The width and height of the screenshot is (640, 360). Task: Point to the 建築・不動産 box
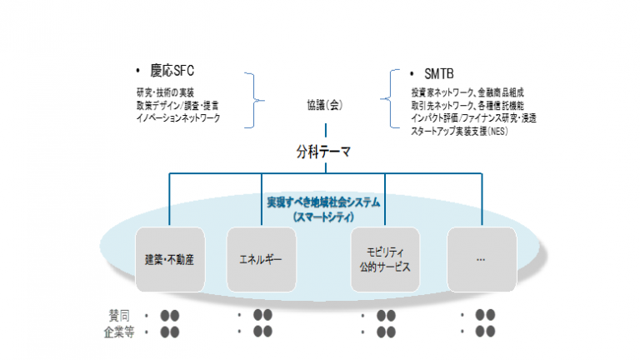pos(169,260)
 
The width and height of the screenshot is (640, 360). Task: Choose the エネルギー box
pos(262,260)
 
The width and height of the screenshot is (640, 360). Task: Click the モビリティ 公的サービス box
pos(385,260)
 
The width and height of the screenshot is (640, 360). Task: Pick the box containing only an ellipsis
pos(480,260)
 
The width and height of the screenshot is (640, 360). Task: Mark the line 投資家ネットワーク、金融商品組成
pos(467,92)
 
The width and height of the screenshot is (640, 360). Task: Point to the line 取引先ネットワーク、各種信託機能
pos(467,106)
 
